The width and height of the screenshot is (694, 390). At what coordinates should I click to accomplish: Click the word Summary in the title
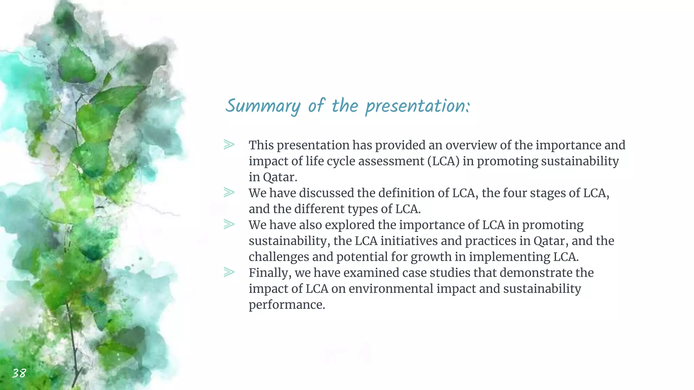[x=263, y=106]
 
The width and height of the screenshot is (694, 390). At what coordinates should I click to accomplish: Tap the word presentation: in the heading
[x=417, y=106]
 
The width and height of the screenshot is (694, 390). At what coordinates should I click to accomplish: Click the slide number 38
[x=19, y=373]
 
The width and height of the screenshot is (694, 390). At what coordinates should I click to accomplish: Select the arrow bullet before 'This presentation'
[x=229, y=145]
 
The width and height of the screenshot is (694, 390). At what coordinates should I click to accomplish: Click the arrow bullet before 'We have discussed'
[x=229, y=192]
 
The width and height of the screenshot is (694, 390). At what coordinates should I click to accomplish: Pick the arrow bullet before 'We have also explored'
[x=229, y=224]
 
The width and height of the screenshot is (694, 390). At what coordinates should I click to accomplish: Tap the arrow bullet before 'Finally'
[x=229, y=272]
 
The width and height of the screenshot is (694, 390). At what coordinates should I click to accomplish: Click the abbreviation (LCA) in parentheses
[x=443, y=161]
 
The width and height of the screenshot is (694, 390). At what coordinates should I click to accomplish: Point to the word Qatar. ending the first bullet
[x=280, y=177]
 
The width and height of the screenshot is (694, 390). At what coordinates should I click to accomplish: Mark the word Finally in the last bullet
[x=270, y=273]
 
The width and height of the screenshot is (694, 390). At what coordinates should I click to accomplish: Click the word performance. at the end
[x=287, y=305]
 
